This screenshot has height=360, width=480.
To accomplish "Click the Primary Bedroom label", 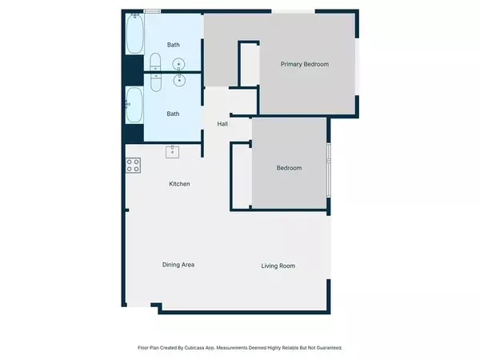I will coord(305,65).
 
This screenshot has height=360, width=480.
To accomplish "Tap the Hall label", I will coord(223,123).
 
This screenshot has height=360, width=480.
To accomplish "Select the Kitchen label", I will coord(179,184).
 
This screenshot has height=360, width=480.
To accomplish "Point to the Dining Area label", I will coord(178,265).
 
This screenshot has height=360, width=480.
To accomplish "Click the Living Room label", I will coord(278,266).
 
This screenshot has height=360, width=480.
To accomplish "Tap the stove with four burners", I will coord(134,166).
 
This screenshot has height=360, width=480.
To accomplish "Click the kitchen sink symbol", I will coord(172,152).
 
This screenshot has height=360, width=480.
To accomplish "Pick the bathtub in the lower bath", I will coord(134,106).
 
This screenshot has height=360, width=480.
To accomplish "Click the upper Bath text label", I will coord(173,45).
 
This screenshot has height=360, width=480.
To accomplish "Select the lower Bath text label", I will coord(173,114).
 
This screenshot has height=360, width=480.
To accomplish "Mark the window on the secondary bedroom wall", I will coord(329,168).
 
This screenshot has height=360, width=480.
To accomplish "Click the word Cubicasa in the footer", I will coord(210,348).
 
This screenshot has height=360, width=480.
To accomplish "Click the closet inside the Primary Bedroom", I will coord(249,63).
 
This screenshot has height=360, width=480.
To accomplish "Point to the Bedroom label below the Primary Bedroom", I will coord(289,168).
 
